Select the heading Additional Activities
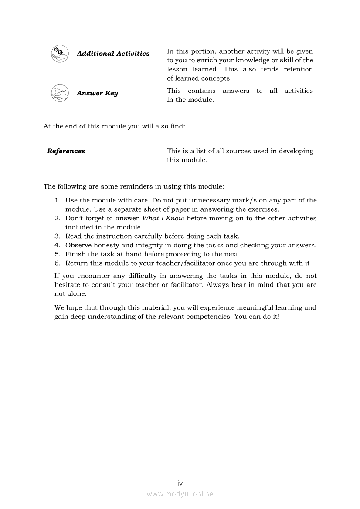pos(113,54)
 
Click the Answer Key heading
pos(97,93)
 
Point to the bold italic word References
pos(66,151)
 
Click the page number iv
pos(180,483)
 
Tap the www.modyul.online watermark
pos(180,494)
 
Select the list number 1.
pos(57,200)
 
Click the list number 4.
pos(57,245)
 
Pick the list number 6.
pos(57,263)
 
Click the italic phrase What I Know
pos(163,218)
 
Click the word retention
pos(298,69)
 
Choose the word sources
pos(238,151)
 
